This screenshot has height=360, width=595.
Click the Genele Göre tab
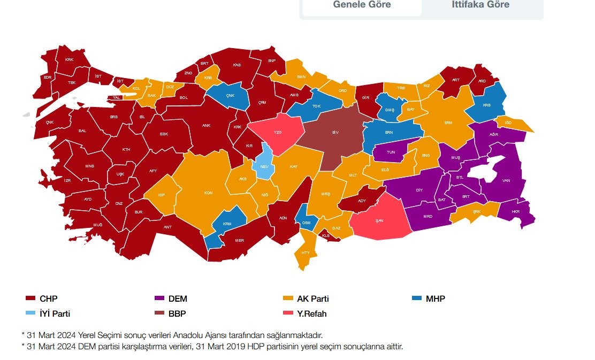362,5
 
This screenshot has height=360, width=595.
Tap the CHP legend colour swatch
30,298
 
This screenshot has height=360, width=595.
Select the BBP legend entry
177,314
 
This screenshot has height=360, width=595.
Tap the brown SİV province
335,132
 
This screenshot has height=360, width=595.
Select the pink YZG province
277,132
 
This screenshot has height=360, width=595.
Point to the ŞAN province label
379,220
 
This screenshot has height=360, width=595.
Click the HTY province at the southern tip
306,252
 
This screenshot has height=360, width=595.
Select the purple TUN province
391,152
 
